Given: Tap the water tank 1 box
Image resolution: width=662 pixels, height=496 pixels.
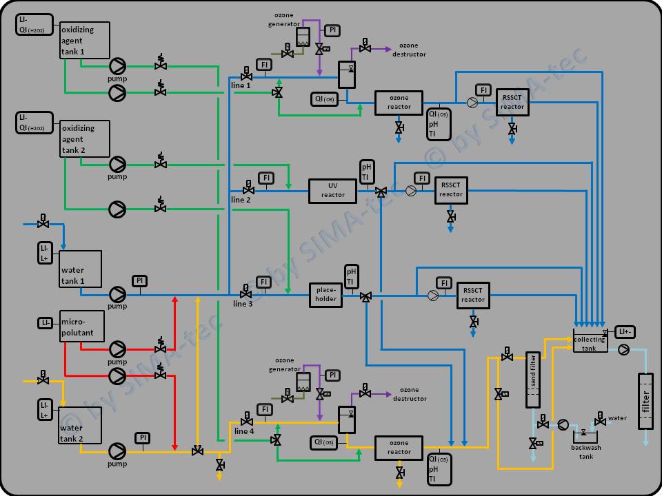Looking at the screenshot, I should pos(81,269).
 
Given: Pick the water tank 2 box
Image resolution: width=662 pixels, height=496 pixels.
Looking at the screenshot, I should pos(81,428).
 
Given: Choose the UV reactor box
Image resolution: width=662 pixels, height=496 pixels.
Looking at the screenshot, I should pos(332,190).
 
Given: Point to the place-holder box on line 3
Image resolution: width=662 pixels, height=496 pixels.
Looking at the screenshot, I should pos(325,295).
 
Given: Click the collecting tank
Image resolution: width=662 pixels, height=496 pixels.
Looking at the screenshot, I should pos(590,342).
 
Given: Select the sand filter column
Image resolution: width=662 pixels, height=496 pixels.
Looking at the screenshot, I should pos(532,380).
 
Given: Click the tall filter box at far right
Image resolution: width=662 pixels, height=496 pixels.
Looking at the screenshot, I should pos(645,400).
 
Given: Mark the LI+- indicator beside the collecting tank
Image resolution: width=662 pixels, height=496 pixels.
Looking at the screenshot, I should pos(625,332).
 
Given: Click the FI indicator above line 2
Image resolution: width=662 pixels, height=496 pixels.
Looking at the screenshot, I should pos(266,178).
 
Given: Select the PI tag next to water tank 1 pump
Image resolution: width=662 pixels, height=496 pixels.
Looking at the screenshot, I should pos(139,280).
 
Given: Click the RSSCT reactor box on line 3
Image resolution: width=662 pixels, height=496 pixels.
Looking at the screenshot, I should pos(472,295).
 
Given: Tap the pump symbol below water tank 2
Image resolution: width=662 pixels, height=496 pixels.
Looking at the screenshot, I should pos(117,451).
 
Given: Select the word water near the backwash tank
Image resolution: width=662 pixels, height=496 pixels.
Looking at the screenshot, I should pos(617,418).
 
